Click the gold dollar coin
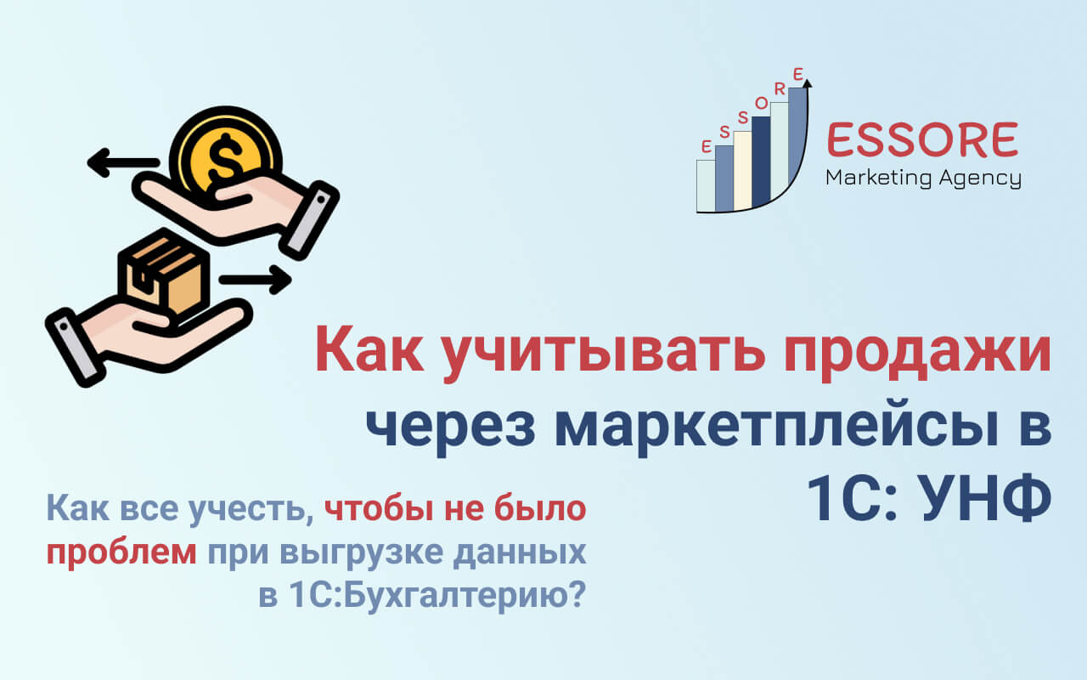click(x=225, y=156)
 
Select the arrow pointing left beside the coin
click(x=123, y=162)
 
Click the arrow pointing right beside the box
click(x=256, y=280)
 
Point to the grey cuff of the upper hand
click(x=310, y=220)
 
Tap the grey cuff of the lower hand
click(x=76, y=348)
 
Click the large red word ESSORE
click(x=922, y=140)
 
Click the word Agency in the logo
click(x=980, y=179)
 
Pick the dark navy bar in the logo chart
click(x=761, y=162)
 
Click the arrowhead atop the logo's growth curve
click(x=807, y=83)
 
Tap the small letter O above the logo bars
click(x=762, y=103)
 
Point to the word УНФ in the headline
click(x=985, y=498)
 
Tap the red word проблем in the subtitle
click(x=121, y=553)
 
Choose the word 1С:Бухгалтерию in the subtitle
click(x=436, y=596)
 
